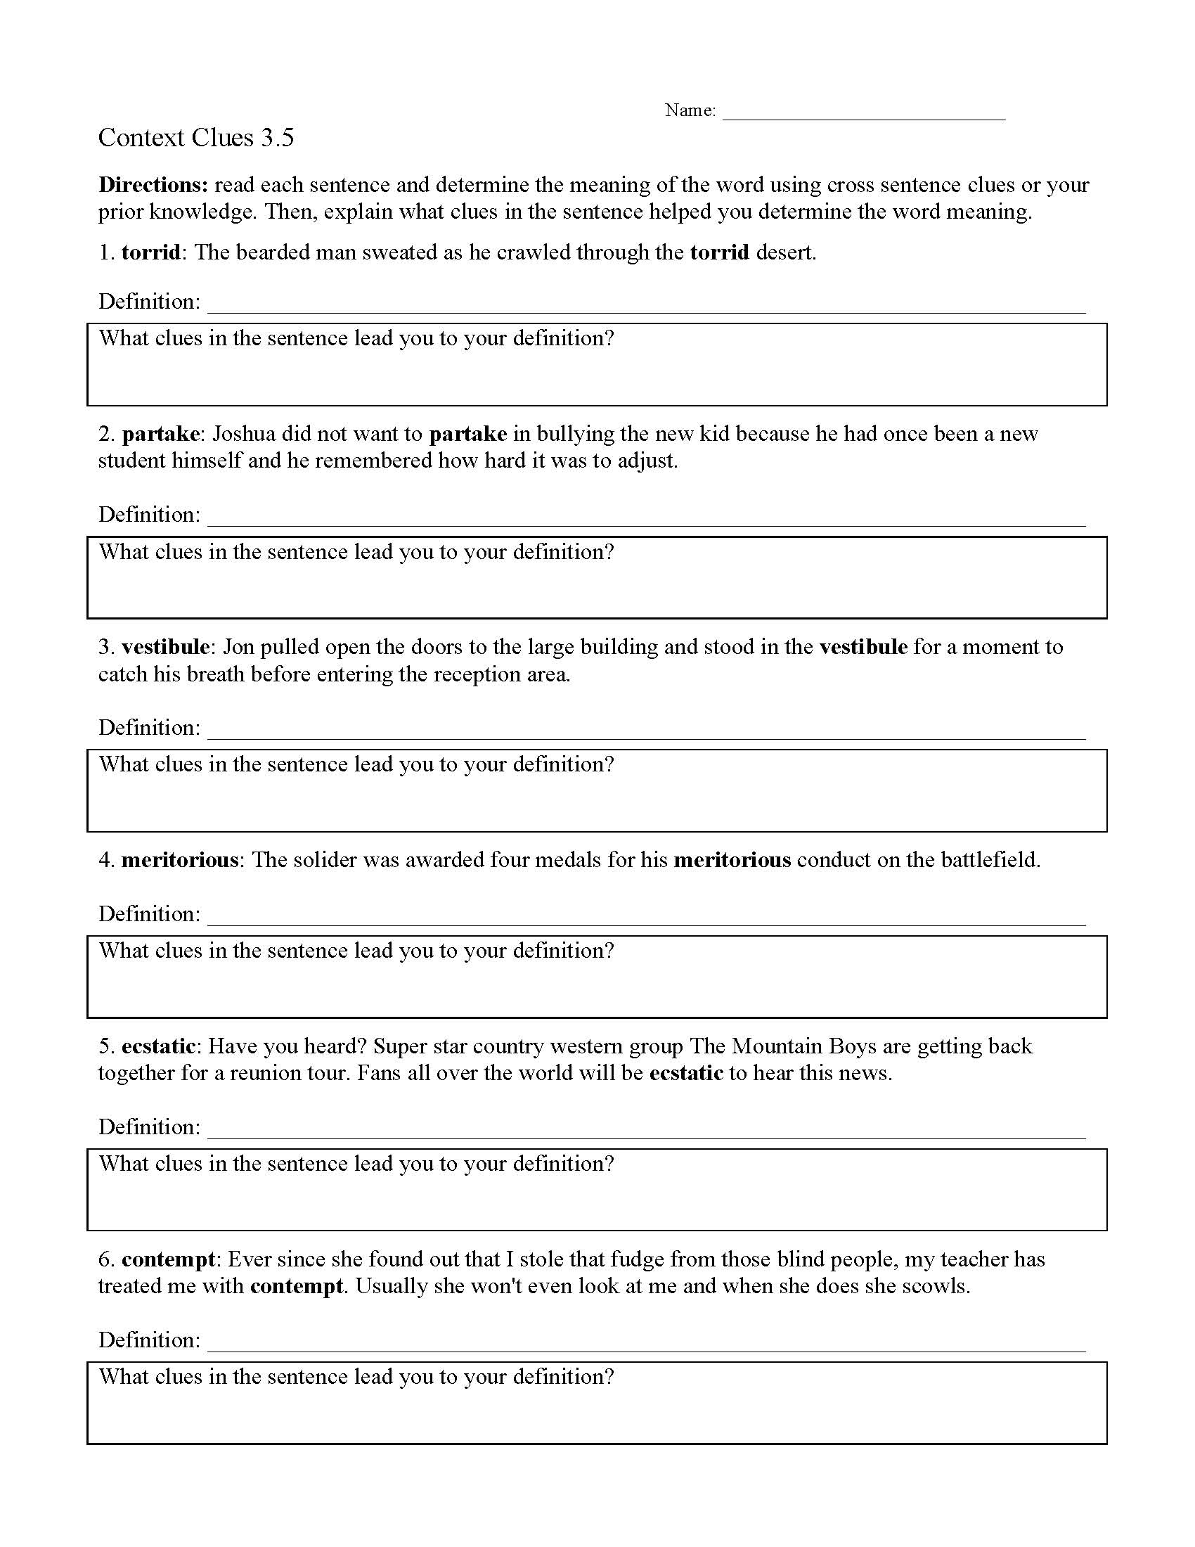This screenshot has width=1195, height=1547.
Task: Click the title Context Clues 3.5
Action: pyautogui.click(x=195, y=137)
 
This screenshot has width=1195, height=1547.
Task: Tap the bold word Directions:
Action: pyautogui.click(x=153, y=185)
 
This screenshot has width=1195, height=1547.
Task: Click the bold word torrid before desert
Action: pyautogui.click(x=719, y=253)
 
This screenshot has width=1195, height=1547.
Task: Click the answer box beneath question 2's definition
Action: pyautogui.click(x=597, y=577)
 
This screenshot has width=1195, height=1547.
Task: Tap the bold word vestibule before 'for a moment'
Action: pyautogui.click(x=863, y=647)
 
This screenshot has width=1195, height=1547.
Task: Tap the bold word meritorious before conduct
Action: pyautogui.click(x=732, y=860)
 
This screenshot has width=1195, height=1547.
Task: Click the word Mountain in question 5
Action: pyautogui.click(x=776, y=1046)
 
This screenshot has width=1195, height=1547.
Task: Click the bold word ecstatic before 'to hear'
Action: pyautogui.click(x=686, y=1073)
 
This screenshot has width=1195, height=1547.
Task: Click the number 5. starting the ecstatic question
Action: pyautogui.click(x=106, y=1046)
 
